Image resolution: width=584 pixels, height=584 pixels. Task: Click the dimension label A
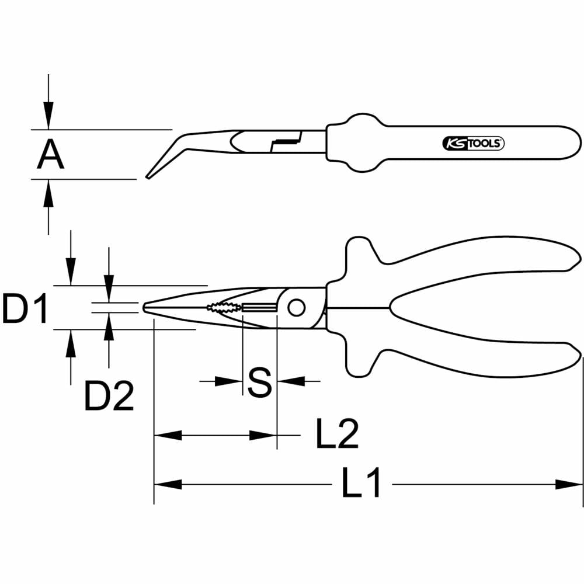(51, 155)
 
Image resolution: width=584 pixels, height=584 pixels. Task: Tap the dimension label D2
(109, 395)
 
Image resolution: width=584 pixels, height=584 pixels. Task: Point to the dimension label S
(259, 382)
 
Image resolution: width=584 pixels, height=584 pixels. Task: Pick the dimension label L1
(361, 484)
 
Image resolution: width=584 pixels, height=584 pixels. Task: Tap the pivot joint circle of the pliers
(296, 307)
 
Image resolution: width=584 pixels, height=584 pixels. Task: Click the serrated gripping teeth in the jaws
(223, 308)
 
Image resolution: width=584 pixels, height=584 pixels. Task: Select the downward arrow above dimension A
(48, 114)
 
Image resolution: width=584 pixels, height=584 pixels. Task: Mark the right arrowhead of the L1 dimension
(569, 484)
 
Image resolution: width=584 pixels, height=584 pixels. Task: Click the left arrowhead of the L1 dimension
(168, 484)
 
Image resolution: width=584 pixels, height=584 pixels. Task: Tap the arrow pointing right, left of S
(228, 381)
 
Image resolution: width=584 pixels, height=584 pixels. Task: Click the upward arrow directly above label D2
(109, 327)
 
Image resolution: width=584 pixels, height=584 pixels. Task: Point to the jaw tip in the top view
(147, 308)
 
